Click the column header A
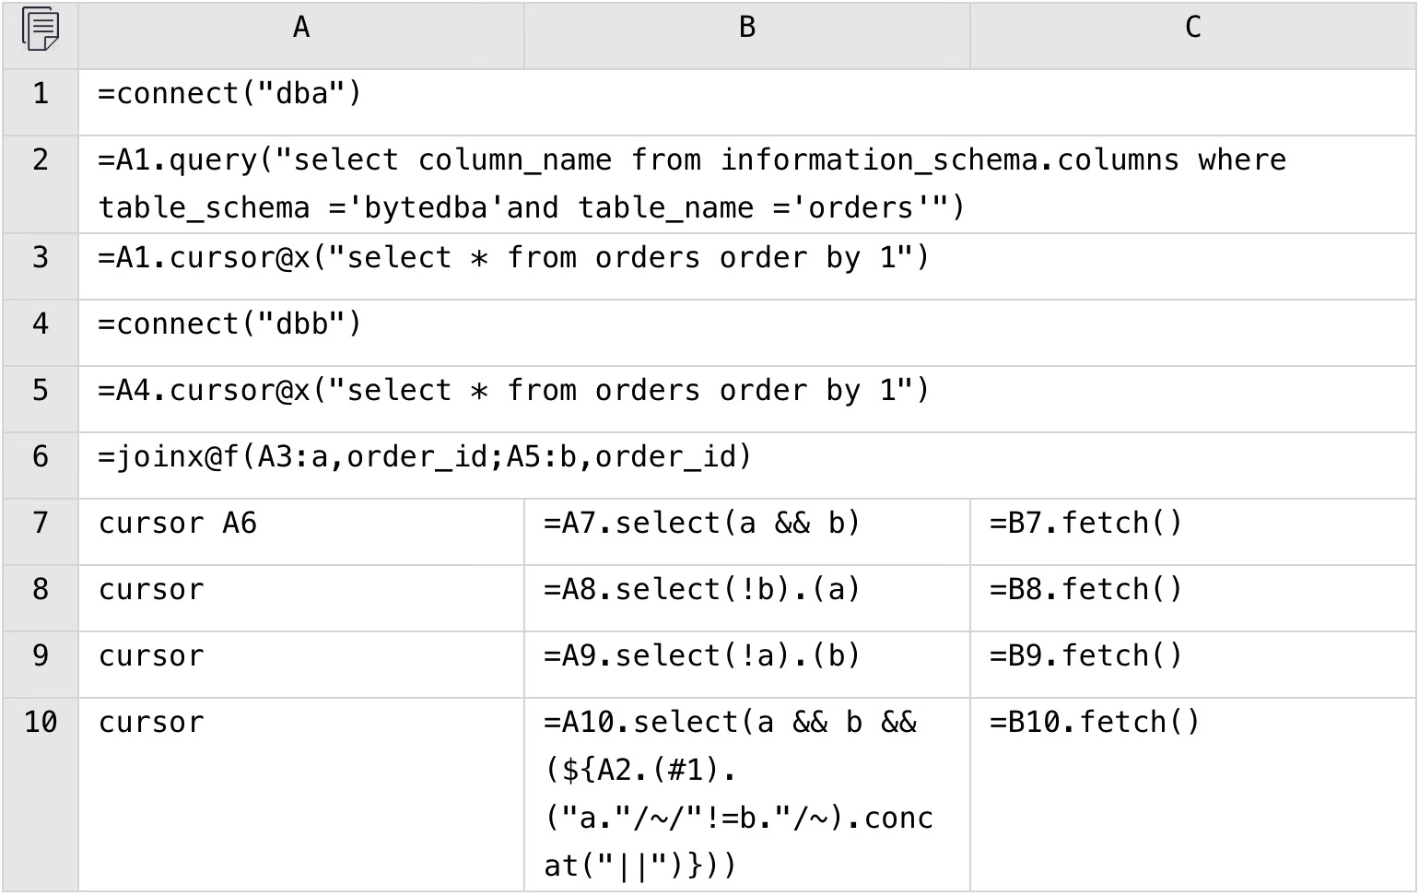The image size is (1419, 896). point(301,29)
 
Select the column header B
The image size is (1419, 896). point(747,29)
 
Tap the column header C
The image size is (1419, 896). point(1192,29)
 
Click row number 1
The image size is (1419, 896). point(41,94)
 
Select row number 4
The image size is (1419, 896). point(41,324)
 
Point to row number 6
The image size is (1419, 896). point(41,457)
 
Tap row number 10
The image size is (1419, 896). point(41,723)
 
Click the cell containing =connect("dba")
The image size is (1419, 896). point(230,94)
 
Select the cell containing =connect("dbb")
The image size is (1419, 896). point(230,324)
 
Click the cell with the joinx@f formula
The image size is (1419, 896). point(425,457)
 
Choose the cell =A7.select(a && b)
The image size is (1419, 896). point(702,524)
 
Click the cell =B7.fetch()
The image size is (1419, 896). point(1085,524)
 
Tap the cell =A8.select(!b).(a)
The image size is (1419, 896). point(702,590)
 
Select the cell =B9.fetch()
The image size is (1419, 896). point(1085,656)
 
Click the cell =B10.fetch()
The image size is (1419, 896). point(1095,723)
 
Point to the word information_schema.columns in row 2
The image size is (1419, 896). point(949,160)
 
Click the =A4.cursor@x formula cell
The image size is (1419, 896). point(513,391)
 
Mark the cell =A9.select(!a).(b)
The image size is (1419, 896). point(702,656)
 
